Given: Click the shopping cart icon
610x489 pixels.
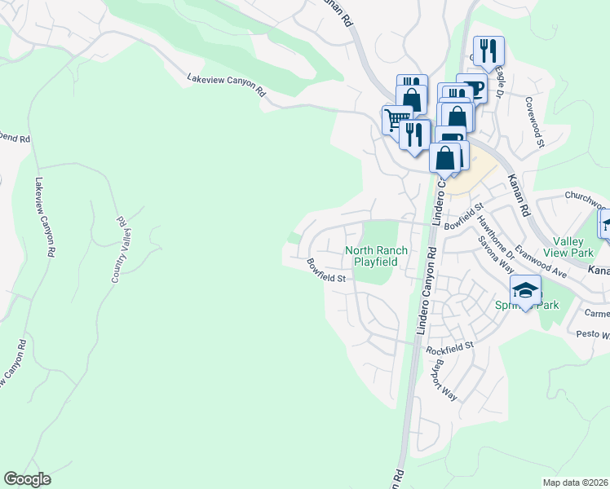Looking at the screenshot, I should tap(396, 119).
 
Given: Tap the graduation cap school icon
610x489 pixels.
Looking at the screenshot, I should tap(526, 290).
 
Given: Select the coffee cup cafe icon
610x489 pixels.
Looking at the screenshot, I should tap(471, 88).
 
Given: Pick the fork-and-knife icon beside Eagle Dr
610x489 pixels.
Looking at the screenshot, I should tap(488, 51).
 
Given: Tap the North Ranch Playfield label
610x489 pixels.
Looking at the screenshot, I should tap(376, 257).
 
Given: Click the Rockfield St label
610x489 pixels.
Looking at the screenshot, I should tap(450, 348).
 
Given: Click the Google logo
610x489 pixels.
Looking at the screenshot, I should tap(27, 479).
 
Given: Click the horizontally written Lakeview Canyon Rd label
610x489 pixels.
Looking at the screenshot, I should tap(227, 85).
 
